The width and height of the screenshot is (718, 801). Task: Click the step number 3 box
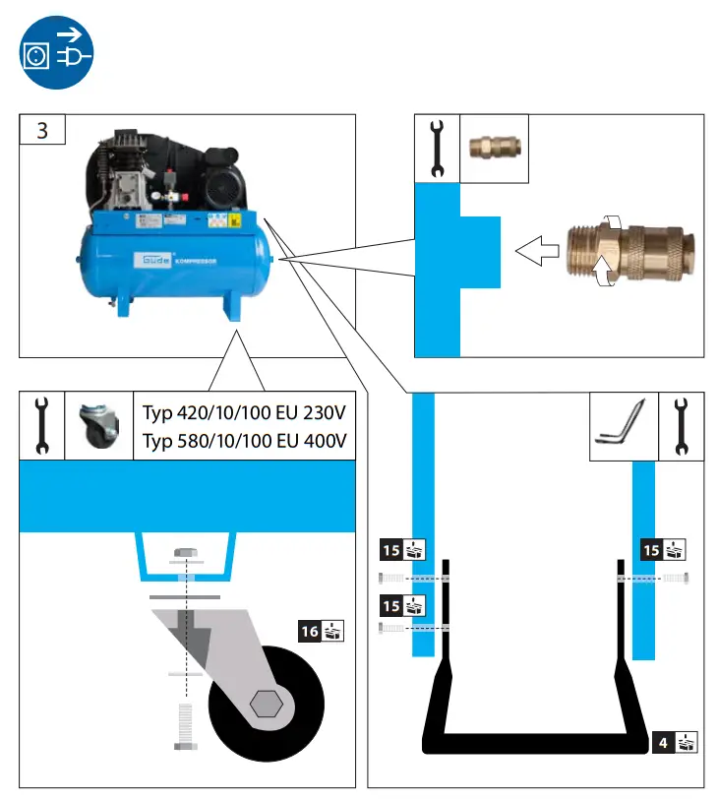(x=42, y=129)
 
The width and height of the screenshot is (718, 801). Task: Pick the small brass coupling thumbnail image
(x=495, y=148)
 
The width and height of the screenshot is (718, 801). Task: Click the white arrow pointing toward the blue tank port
(x=536, y=251)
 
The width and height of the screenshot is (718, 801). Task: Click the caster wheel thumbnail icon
(x=98, y=425)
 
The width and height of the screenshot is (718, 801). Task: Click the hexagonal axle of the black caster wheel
(x=267, y=705)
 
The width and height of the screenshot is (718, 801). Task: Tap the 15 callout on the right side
(x=663, y=549)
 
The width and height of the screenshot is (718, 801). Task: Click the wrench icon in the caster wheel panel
(x=41, y=425)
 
